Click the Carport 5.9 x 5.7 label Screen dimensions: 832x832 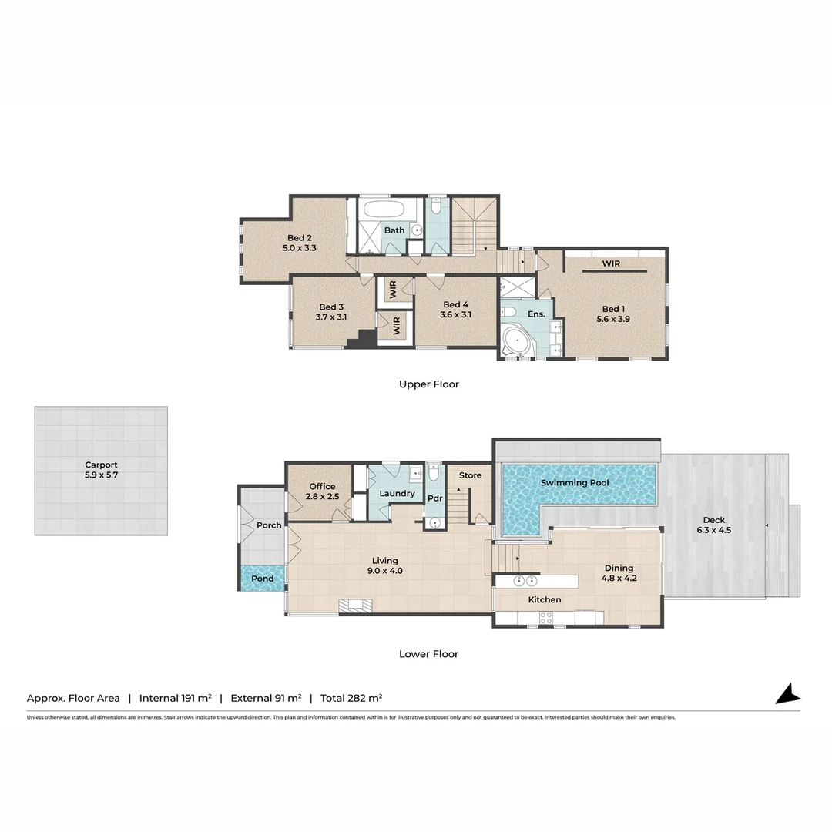pyautogui.click(x=101, y=470)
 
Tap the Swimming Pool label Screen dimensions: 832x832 pyautogui.click(x=574, y=483)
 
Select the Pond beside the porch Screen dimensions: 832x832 pyautogui.click(x=263, y=579)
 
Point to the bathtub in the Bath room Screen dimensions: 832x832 pyautogui.click(x=387, y=210)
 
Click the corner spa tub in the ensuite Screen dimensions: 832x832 pyautogui.click(x=515, y=343)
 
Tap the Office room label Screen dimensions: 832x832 pyautogui.click(x=322, y=486)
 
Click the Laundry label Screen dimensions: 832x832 pyautogui.click(x=398, y=493)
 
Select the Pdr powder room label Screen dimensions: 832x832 pyautogui.click(x=434, y=498)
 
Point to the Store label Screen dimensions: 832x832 pyautogui.click(x=470, y=475)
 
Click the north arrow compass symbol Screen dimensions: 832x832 pyautogui.click(x=788, y=693)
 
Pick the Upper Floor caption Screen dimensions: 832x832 pyautogui.click(x=428, y=384)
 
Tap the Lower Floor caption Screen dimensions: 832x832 pyautogui.click(x=428, y=654)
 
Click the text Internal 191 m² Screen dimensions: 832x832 pyautogui.click(x=175, y=698)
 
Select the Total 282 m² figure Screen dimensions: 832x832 pyautogui.click(x=351, y=698)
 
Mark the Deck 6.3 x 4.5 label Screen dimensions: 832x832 pyautogui.click(x=713, y=524)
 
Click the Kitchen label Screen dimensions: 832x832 pyautogui.click(x=544, y=599)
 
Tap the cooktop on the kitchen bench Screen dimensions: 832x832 pyautogui.click(x=546, y=617)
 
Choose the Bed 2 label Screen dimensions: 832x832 pyautogui.click(x=300, y=238)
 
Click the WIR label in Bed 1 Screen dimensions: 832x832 pyautogui.click(x=611, y=263)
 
